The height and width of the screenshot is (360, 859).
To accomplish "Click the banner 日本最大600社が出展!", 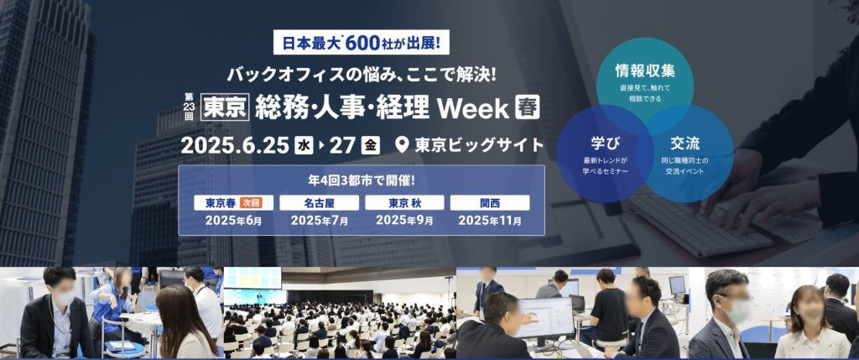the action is pyautogui.click(x=361, y=42).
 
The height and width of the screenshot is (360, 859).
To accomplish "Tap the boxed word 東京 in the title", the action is pyautogui.click(x=225, y=107).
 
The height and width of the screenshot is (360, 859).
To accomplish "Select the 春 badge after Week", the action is pyautogui.click(x=528, y=107).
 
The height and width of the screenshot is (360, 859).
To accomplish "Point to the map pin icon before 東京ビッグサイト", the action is pyautogui.click(x=402, y=144).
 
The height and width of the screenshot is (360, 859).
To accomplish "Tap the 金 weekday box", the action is pyautogui.click(x=370, y=145).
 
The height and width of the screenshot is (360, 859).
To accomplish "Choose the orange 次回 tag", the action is pyautogui.click(x=250, y=203).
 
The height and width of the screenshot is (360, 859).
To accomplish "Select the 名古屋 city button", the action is pyautogui.click(x=320, y=203).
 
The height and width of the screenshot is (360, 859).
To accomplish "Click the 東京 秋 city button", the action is pyautogui.click(x=405, y=203).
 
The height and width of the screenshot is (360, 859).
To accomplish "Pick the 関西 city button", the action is pyautogui.click(x=490, y=203).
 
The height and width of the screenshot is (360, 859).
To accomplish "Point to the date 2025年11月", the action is pyautogui.click(x=490, y=221).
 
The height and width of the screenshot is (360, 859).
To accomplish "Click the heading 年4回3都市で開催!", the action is pyautogui.click(x=362, y=180).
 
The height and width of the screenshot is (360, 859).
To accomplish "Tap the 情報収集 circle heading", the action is pyautogui.click(x=645, y=70).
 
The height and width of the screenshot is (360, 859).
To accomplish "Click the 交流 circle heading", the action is pyautogui.click(x=685, y=143).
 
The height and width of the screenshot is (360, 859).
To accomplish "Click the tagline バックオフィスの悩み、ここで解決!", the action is pyautogui.click(x=362, y=73).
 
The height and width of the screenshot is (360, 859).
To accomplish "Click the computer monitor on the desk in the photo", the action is pyautogui.click(x=544, y=321).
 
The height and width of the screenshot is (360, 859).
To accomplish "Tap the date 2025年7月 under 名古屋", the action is pyautogui.click(x=320, y=221).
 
